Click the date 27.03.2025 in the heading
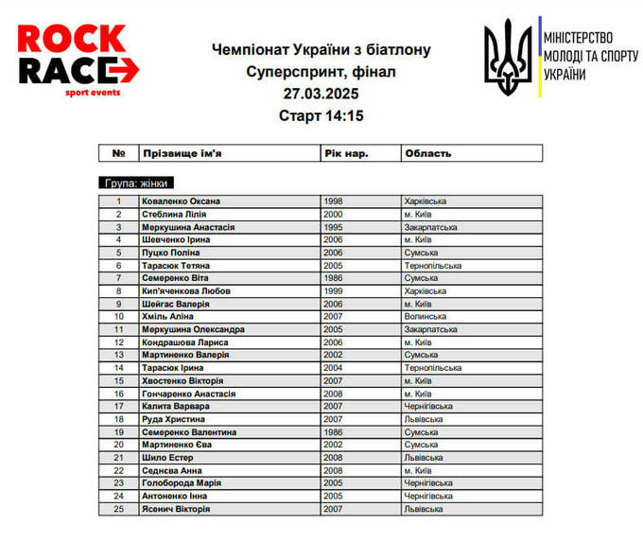click(x=321, y=94)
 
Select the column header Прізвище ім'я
click(x=182, y=153)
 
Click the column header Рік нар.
click(x=346, y=153)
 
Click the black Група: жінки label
click(x=137, y=184)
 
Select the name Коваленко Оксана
click(x=181, y=201)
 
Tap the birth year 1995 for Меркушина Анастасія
click(x=333, y=227)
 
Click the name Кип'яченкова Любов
click(x=186, y=291)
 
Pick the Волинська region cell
click(x=426, y=317)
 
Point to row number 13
click(x=119, y=355)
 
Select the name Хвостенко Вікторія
click(x=182, y=380)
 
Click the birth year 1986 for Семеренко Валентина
click(x=333, y=432)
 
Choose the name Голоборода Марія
click(x=182, y=483)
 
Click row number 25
click(x=119, y=509)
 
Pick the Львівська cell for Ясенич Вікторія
click(x=424, y=509)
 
